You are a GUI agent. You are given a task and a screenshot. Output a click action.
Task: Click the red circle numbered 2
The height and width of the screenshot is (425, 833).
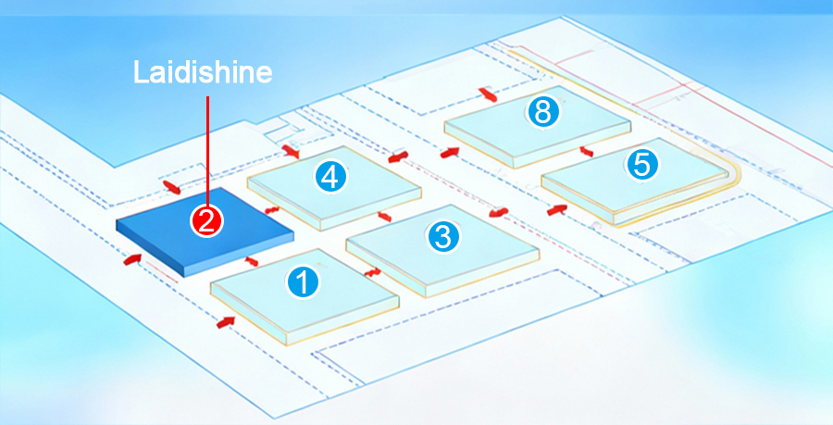click(205, 220)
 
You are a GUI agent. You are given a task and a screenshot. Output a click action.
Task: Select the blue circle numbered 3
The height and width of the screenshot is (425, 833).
click(442, 236)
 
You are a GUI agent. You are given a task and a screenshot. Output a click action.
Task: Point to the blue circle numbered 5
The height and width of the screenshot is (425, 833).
click(642, 164)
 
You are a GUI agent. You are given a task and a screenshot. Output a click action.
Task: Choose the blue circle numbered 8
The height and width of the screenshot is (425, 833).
click(542, 112)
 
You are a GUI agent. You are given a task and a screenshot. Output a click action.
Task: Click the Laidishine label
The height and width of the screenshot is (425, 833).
click(203, 72)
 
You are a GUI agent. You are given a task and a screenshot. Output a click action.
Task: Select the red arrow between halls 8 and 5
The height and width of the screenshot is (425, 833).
click(585, 151)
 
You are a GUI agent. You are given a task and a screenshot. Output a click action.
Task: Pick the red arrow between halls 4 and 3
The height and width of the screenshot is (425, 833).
click(384, 216)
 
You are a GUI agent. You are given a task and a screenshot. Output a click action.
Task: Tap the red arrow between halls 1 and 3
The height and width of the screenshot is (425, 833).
click(373, 272)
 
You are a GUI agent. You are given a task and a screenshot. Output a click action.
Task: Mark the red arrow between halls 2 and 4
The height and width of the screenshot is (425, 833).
click(273, 210)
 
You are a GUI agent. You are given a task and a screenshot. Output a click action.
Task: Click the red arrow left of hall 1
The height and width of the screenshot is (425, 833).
click(225, 321)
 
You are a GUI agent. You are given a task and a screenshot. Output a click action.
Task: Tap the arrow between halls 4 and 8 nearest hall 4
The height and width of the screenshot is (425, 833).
click(398, 158)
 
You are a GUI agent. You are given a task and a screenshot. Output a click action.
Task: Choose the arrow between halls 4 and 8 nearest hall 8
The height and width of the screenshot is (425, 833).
click(450, 151)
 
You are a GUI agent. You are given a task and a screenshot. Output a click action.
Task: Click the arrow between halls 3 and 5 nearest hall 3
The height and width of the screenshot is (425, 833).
click(499, 213)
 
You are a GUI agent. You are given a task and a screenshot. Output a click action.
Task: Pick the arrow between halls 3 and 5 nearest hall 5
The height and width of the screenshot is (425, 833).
click(556, 210)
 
